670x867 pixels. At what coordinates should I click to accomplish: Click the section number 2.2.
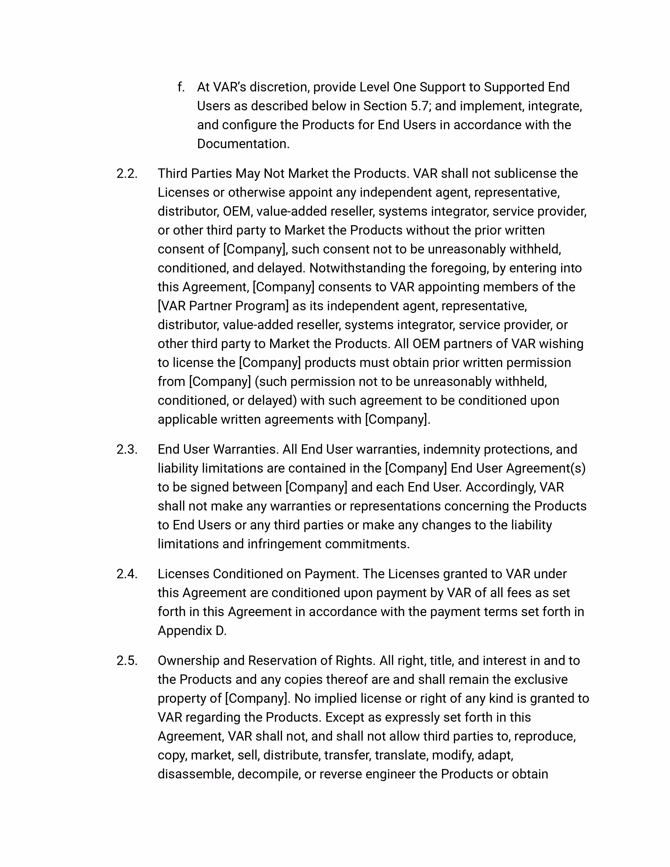tap(127, 173)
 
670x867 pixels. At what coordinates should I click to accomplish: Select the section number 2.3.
tap(127, 449)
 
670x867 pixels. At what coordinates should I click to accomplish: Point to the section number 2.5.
tap(127, 660)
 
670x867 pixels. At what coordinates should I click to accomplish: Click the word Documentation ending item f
tap(243, 144)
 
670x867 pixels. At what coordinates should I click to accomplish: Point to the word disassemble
tap(195, 774)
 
